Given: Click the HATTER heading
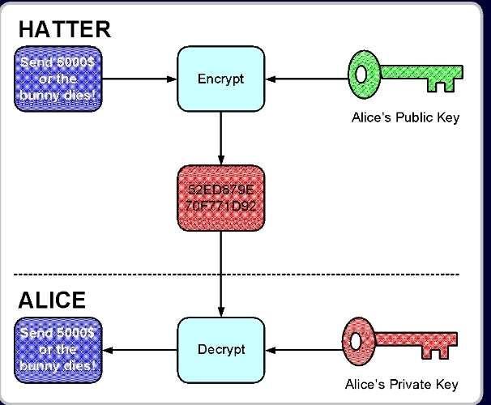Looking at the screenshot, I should pyautogui.click(x=64, y=30).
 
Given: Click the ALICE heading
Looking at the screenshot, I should pyautogui.click(x=52, y=301).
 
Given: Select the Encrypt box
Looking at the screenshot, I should pyautogui.click(x=220, y=79).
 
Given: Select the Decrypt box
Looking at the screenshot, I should pyautogui.click(x=220, y=349).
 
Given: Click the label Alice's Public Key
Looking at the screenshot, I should pyautogui.click(x=405, y=117).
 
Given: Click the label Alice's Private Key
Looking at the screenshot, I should pyautogui.click(x=402, y=384).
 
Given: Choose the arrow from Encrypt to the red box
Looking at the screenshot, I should pyautogui.click(x=220, y=138).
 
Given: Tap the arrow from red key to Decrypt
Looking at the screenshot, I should pyautogui.click(x=304, y=350).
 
